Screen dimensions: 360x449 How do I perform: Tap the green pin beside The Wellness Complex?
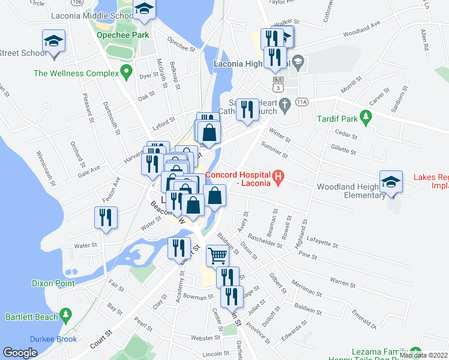pyautogui.click(x=126, y=73)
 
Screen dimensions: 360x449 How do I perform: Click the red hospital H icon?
pyautogui.click(x=278, y=178)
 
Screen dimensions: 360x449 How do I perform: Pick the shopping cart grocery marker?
pyautogui.click(x=217, y=256)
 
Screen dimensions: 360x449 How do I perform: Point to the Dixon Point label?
pyautogui.click(x=54, y=283)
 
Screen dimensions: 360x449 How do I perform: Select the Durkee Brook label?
pyautogui.click(x=54, y=339)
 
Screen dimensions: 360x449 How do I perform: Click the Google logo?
pyautogui.click(x=20, y=353)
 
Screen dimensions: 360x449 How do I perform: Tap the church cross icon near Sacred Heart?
pyautogui.click(x=286, y=103)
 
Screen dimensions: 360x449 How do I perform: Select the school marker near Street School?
pyautogui.click(x=53, y=43)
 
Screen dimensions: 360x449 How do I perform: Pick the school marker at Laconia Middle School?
pyautogui.click(x=144, y=10)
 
